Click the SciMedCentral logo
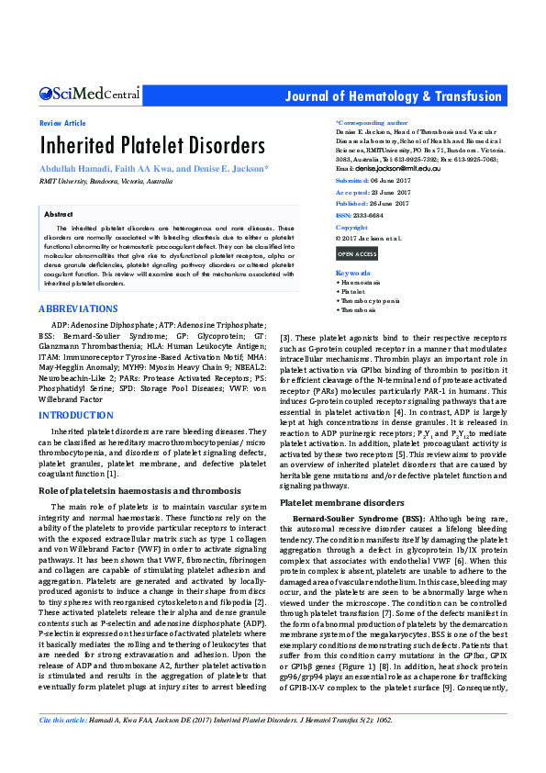(89, 94)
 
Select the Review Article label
(62, 123)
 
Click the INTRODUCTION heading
(76, 416)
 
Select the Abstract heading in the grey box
(58, 212)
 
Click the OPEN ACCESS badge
(357, 253)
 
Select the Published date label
(353, 204)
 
